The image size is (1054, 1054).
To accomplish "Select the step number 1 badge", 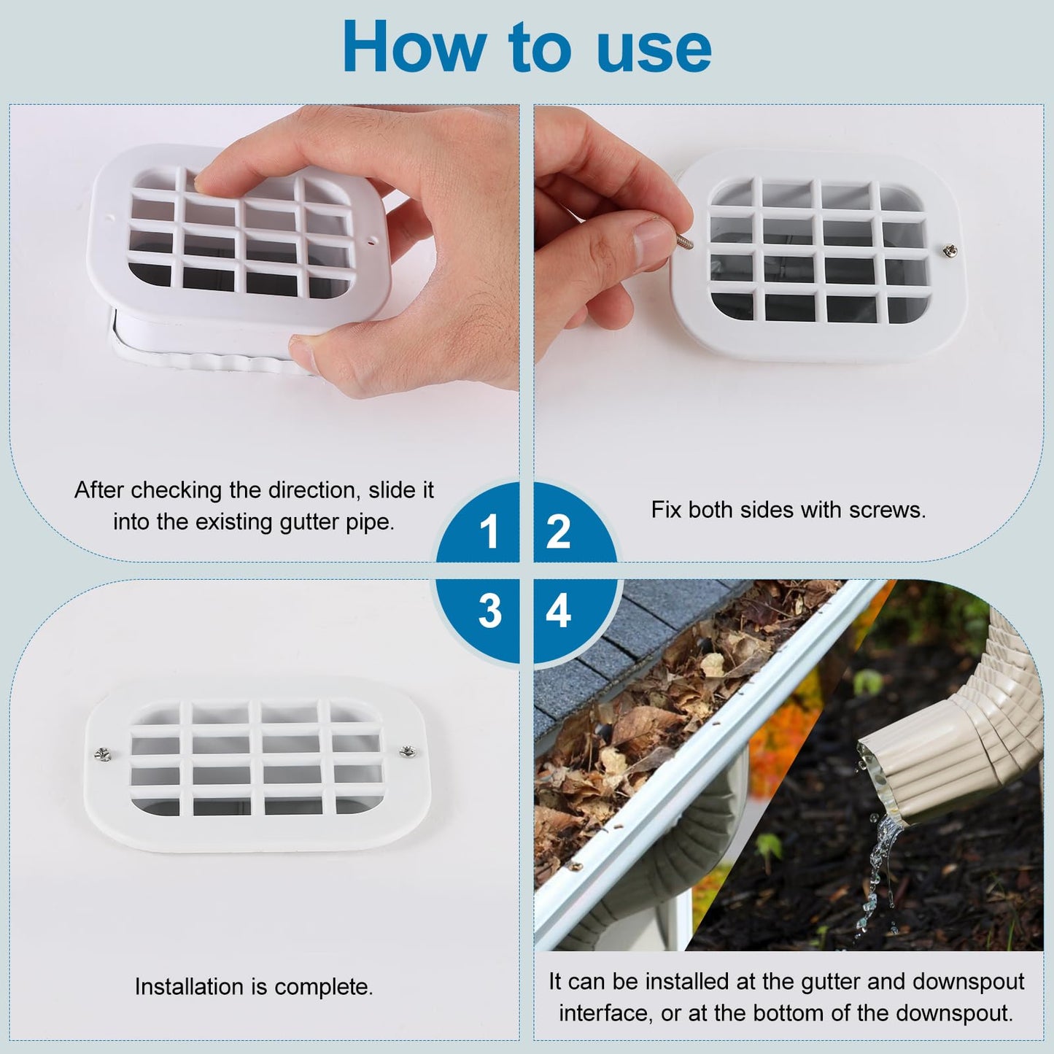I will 489,531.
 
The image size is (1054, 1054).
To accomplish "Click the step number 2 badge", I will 558,531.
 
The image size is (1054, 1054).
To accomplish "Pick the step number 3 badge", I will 489,611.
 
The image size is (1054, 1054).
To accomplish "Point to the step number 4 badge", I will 558,611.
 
